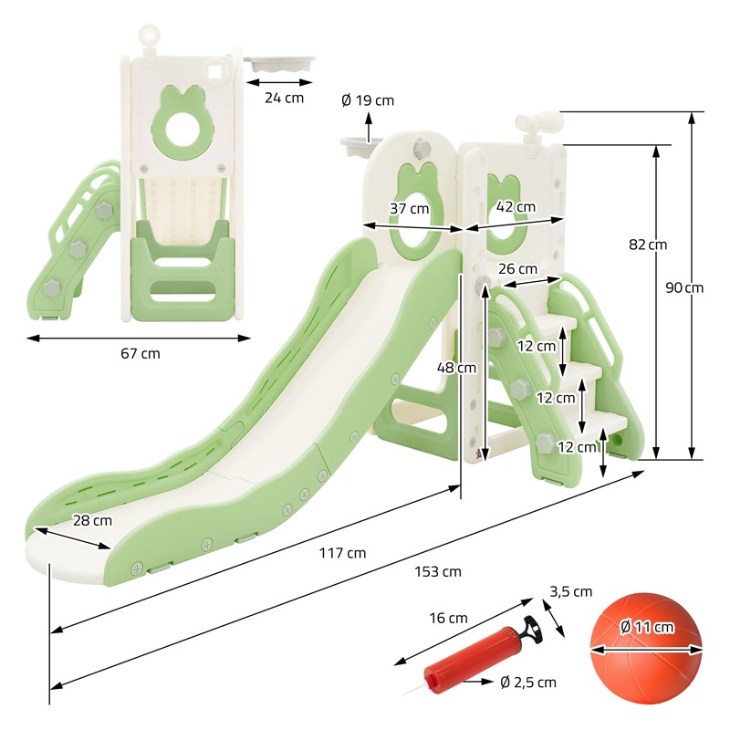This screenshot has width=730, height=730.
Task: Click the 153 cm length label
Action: (438, 571)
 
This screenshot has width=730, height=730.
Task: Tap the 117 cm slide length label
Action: (342, 553)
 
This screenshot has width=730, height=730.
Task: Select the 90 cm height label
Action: (683, 287)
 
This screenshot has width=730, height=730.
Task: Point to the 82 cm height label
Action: (648, 245)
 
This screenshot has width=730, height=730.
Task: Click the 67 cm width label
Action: (141, 353)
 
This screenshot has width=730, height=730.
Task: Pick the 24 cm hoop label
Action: (284, 98)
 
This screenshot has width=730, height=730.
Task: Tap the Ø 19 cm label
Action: (368, 100)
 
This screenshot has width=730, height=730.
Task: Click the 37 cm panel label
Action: (409, 209)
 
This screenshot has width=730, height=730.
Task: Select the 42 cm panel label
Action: (516, 207)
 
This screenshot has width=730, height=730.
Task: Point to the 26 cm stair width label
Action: (517, 268)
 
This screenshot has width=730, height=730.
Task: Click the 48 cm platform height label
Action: (456, 368)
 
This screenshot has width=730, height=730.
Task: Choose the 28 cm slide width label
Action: (92, 520)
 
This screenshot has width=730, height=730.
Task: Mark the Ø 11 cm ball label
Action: (647, 627)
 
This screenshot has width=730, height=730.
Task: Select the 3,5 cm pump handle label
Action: (571, 591)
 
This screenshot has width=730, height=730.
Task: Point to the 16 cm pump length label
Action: (448, 618)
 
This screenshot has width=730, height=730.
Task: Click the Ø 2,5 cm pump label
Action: (528, 683)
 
